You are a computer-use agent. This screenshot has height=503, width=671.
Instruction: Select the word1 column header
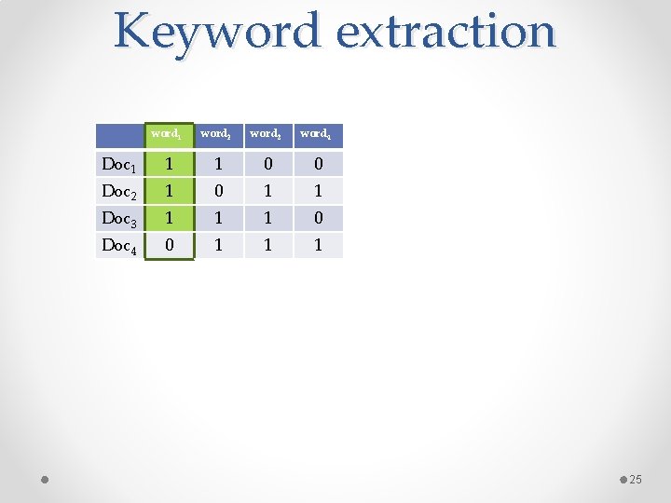coord(168,134)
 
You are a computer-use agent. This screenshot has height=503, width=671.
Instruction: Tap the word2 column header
coord(217,134)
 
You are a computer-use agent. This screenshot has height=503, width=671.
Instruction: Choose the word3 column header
coord(267,134)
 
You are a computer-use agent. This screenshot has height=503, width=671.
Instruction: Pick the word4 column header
coord(318,134)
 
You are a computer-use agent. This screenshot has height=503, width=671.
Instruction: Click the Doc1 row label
coord(119,165)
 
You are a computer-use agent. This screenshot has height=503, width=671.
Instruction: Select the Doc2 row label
coord(119,192)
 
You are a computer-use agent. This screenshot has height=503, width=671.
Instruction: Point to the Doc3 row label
coord(119,219)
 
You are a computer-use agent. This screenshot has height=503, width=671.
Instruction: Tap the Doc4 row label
coord(119,246)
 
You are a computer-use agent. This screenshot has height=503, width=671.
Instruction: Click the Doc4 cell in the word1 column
coord(168,246)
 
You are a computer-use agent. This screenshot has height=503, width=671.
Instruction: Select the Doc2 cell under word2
coord(218,192)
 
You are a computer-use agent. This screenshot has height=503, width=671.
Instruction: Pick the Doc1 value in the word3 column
coord(268,165)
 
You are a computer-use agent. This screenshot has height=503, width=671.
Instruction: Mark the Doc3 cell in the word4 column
coord(318,219)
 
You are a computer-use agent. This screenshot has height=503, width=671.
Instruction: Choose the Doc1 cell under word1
coord(168,165)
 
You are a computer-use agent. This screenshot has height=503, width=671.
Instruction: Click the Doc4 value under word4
coord(318,246)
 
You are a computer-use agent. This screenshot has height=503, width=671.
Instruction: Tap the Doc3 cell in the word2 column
coord(218,219)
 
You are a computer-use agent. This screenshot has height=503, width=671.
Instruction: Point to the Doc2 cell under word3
coord(268,192)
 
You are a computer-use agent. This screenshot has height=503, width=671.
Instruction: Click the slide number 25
coord(637,480)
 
